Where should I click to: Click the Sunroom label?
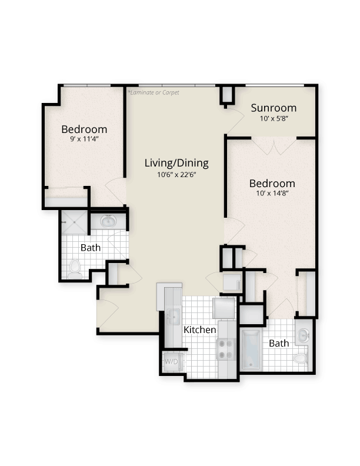pos(274,108)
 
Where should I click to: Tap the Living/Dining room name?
pos(176,163)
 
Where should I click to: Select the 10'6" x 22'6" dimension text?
pos(176,174)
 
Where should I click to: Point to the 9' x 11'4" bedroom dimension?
pos(84,139)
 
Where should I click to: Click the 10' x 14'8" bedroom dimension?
pos(271,194)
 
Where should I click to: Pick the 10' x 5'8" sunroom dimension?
pos(274,118)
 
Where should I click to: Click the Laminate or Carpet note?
pos(154,93)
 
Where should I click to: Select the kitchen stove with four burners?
pos(226,348)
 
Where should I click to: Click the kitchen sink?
pos(172,317)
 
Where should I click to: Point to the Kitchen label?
pos(200,330)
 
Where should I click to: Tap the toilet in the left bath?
pos(74,269)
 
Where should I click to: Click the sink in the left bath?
pos(108,222)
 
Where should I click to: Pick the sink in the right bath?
pos(302,335)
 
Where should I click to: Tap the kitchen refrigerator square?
pos(224,308)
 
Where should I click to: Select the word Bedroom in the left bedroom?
pos(84,129)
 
